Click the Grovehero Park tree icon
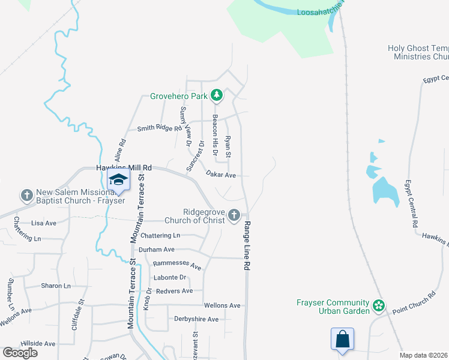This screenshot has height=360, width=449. pyautogui.click(x=216, y=95)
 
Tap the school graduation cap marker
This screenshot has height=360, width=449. pyautogui.click(x=118, y=180)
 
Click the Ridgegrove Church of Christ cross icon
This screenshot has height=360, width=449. pyautogui.click(x=234, y=215)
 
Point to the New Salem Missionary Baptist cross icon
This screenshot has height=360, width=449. pyautogui.click(x=26, y=195)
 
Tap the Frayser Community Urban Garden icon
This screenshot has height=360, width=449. pyautogui.click(x=378, y=306)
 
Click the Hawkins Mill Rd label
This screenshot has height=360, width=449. pyautogui.click(x=121, y=169)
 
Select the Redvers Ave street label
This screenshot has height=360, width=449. pyautogui.click(x=173, y=291)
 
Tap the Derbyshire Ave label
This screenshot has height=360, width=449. pyautogui.click(x=196, y=319)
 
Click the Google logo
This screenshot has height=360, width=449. pyautogui.click(x=20, y=352)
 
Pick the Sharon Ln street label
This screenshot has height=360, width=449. pyautogui.click(x=55, y=286)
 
